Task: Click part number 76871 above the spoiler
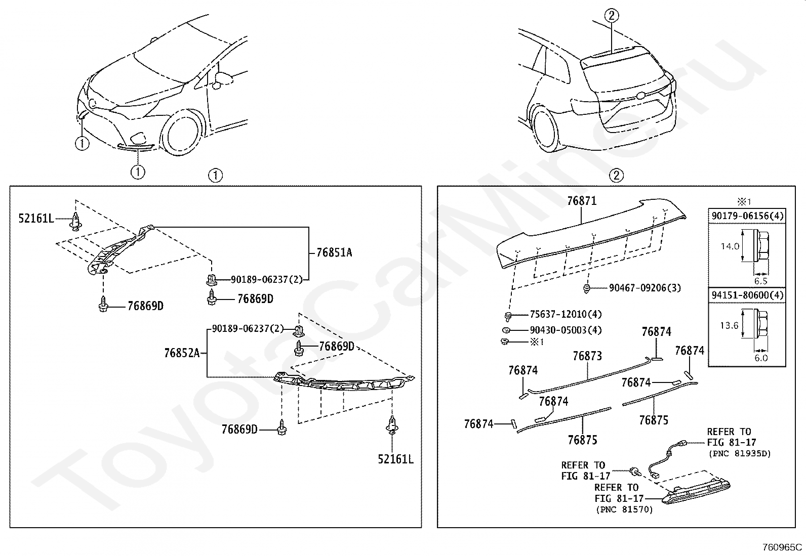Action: [582, 201]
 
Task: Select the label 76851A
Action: [334, 252]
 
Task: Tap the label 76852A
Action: [182, 353]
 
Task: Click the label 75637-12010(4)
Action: [566, 314]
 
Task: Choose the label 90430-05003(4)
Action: [566, 330]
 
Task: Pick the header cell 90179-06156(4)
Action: [747, 216]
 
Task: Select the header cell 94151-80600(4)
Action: [747, 295]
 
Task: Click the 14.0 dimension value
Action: [730, 247]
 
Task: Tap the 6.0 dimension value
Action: [761, 358]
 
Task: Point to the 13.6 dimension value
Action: [729, 325]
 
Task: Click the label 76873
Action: [587, 356]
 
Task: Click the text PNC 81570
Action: [624, 509]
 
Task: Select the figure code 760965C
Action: [782, 547]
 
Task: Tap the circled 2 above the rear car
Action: [611, 16]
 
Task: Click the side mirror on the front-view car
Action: [222, 79]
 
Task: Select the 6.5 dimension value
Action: [760, 281]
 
